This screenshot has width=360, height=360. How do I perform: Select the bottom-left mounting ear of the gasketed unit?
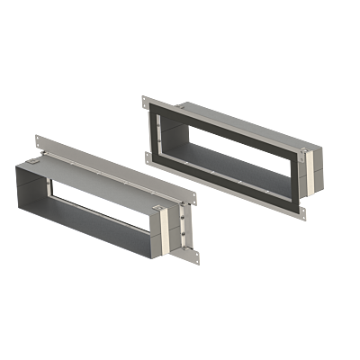[147, 157]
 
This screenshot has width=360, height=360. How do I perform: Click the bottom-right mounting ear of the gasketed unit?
[304, 212]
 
